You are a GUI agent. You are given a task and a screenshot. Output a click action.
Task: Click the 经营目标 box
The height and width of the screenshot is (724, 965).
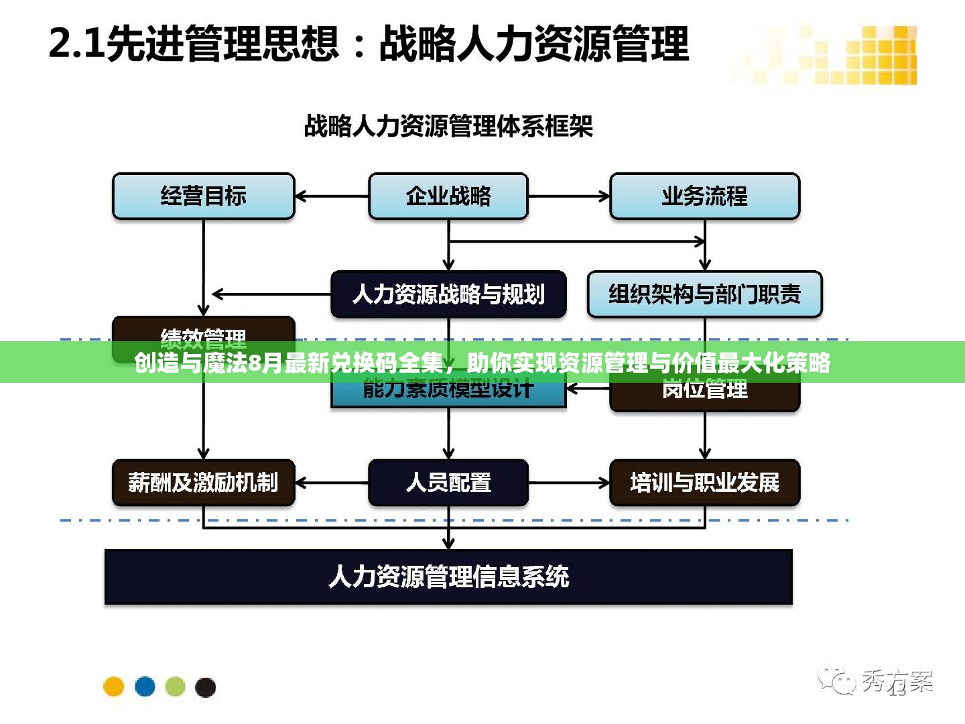pos(203,196)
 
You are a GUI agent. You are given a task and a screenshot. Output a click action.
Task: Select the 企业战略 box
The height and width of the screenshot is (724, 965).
pos(448,196)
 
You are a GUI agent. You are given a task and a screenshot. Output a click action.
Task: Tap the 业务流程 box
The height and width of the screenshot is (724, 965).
pos(704,196)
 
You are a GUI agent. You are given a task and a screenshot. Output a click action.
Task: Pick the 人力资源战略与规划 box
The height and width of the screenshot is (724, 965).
pos(448,294)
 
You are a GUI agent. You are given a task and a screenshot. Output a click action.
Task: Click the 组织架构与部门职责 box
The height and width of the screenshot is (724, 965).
pos(704,294)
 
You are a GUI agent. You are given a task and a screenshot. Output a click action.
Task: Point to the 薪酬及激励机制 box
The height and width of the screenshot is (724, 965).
pos(203,483)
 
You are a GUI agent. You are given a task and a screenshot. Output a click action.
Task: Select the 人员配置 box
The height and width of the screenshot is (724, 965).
pos(448,483)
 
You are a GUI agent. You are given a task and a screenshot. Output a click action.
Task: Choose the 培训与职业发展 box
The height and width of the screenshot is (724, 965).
pos(704,483)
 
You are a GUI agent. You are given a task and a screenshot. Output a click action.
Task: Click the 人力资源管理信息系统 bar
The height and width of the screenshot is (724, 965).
pos(448,577)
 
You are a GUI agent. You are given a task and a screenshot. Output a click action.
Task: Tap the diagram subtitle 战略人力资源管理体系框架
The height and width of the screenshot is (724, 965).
pos(448,126)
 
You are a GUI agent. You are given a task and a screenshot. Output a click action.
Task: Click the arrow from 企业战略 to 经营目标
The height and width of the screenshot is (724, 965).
pos(332,196)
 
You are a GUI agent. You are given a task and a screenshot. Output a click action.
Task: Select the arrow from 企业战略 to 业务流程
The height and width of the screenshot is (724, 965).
pos(569,196)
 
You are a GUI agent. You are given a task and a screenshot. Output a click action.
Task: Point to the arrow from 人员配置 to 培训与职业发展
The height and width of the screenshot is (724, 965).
pos(569,483)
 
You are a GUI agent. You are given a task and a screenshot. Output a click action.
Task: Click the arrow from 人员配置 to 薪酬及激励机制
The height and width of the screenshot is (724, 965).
pos(332,483)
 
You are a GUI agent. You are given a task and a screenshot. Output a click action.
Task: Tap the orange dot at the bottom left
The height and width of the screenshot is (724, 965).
pos(114,686)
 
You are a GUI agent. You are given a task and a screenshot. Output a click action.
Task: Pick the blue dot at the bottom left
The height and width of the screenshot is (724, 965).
pos(145,686)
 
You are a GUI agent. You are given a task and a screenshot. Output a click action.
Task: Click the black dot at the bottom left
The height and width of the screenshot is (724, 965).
pos(205,686)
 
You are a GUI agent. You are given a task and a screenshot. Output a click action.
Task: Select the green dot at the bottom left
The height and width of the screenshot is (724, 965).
pos(175,686)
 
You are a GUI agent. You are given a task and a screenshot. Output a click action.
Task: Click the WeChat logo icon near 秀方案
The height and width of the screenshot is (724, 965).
pos(836,680)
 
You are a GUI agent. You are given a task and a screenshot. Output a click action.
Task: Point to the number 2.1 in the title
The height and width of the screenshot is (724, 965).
pos(76,44)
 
